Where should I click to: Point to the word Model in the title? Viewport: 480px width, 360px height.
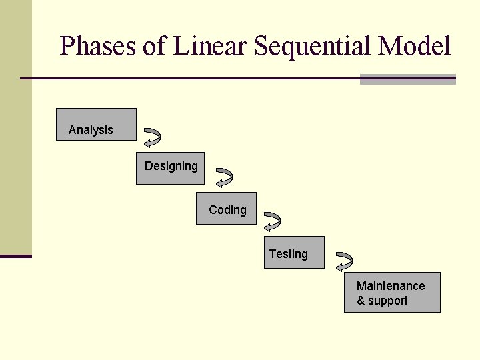click(413, 46)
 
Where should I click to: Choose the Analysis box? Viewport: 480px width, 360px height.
click(96, 125)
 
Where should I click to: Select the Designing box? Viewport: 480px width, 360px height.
click(170, 169)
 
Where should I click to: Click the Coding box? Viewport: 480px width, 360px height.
click(226, 209)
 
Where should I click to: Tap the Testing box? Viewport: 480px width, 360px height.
click(294, 253)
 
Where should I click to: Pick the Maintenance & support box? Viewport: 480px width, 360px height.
click(392, 293)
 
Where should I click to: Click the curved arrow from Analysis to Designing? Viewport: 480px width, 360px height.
click(153, 137)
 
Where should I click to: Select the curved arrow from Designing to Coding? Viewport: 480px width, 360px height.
click(224, 177)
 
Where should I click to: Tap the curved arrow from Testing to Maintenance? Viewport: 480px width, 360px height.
click(344, 261)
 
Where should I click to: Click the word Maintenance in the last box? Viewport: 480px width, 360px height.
click(391, 286)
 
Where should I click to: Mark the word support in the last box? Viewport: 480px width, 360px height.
click(388, 301)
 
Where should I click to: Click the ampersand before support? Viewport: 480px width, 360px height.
click(361, 301)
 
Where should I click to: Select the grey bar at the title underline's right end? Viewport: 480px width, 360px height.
click(407, 79)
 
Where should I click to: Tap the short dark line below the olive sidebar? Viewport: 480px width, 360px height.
click(16, 256)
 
